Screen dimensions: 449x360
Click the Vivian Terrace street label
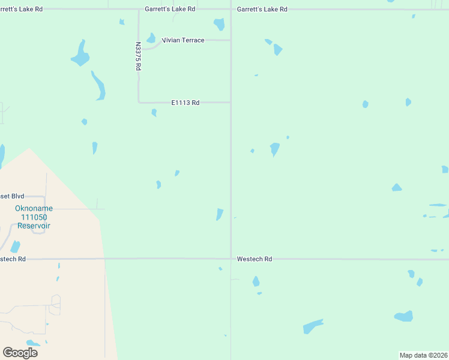coord(183,40)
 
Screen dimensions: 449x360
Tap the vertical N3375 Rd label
coord(137,56)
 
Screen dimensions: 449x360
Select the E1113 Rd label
coord(185,103)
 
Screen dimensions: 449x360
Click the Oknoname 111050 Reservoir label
coord(34,217)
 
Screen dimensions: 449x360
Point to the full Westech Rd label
coord(255,259)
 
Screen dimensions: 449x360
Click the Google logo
coord(20,353)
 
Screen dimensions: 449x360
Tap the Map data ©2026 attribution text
coord(424,355)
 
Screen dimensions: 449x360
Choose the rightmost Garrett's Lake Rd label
coord(262,10)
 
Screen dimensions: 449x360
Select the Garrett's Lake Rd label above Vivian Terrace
coord(170,10)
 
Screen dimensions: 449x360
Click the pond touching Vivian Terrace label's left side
coord(151,38)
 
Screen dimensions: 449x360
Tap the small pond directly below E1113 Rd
coord(154,112)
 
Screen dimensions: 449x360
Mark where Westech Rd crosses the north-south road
coord(231,259)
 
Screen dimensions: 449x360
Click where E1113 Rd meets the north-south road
coord(231,103)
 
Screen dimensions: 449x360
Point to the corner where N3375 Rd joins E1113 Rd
coord(139,102)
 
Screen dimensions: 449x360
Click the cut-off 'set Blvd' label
coord(12,196)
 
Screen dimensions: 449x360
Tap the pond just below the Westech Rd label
coord(256,281)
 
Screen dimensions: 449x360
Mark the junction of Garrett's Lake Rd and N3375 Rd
coord(139,10)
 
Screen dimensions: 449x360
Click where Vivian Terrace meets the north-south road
coord(231,40)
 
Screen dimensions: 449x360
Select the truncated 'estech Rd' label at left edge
coord(13,259)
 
